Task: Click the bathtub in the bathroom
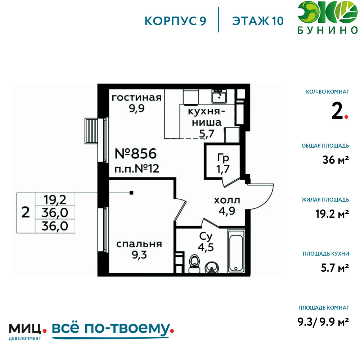coord(236,251)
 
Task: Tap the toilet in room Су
coord(194,264)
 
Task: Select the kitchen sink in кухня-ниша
coord(219,96)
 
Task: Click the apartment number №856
coord(135,154)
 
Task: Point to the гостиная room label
coord(136,98)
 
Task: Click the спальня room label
coord(139,244)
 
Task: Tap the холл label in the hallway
coord(227,201)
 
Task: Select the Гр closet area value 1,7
coord(223,169)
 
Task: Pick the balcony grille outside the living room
coord(91,131)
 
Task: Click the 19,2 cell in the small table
coord(55,200)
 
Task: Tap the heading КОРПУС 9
coord(175,21)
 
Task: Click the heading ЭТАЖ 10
coord(258,21)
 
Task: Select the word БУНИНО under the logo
coord(328,30)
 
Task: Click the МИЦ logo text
coord(25,328)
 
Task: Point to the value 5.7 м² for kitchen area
coord(335,268)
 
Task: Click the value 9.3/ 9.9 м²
coord(323,321)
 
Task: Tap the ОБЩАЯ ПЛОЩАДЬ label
coord(325,146)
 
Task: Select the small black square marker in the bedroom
coord(131,193)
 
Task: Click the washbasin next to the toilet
coord(212,267)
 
